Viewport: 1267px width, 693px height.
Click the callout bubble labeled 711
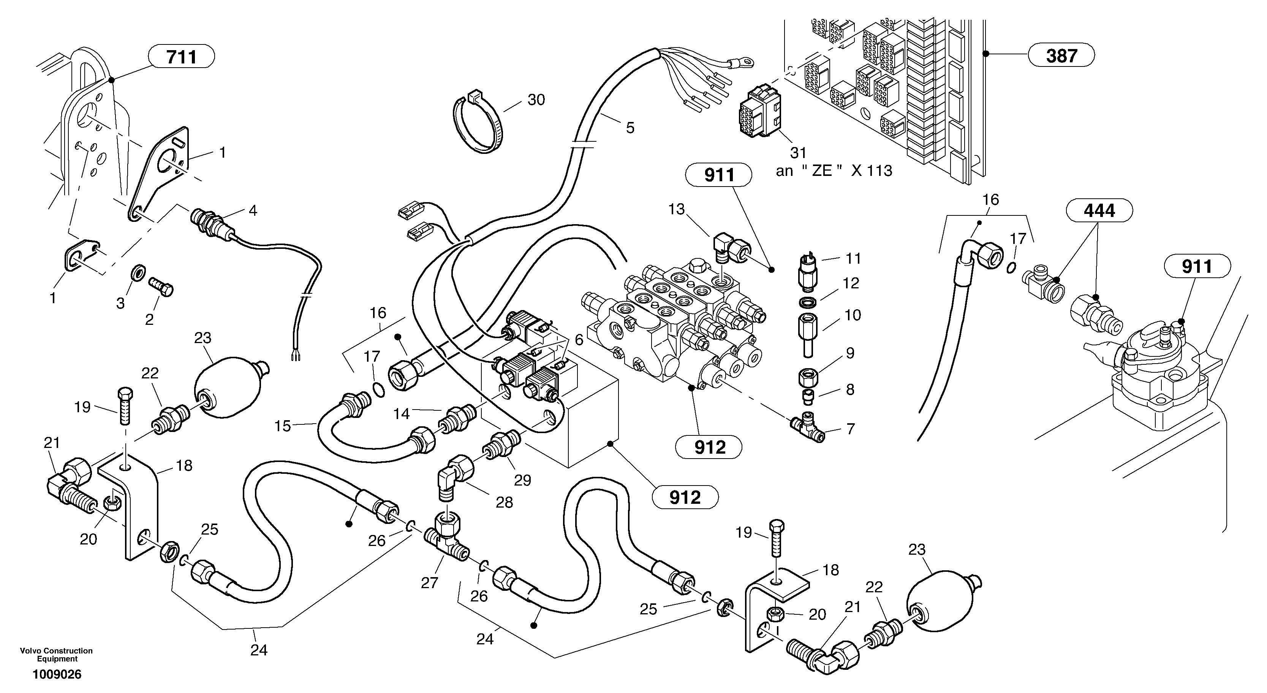pos(182,57)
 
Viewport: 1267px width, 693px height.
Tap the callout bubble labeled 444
pos(1099,210)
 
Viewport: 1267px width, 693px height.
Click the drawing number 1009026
pos(57,675)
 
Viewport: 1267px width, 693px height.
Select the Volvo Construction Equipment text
pos(56,655)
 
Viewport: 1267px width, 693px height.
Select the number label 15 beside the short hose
pos(283,426)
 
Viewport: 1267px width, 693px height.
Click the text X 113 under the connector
pos(872,171)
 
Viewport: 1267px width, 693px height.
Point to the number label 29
pos(522,480)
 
